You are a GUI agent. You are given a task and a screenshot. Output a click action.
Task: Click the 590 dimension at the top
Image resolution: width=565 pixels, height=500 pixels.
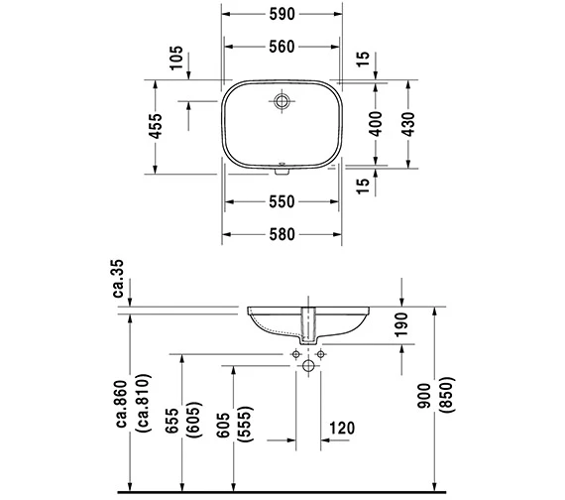[282, 14]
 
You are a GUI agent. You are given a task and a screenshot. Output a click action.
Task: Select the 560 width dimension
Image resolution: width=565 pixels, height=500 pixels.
[282, 47]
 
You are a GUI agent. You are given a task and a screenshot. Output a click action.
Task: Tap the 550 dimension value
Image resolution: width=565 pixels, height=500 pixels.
[282, 202]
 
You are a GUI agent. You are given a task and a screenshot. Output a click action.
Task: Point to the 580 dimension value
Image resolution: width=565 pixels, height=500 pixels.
[282, 235]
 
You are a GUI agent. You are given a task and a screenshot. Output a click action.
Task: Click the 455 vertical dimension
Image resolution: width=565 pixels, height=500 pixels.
[156, 126]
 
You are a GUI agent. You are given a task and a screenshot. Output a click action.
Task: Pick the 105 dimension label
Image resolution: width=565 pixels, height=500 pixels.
[176, 59]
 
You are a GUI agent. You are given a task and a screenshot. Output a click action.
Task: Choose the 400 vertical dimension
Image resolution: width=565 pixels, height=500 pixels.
[375, 124]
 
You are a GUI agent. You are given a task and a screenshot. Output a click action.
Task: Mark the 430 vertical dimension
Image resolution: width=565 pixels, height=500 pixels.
[408, 124]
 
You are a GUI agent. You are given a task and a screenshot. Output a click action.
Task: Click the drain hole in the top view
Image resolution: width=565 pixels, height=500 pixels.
[282, 101]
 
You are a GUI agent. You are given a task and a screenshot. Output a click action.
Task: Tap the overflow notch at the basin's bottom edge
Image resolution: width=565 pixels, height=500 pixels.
[282, 171]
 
